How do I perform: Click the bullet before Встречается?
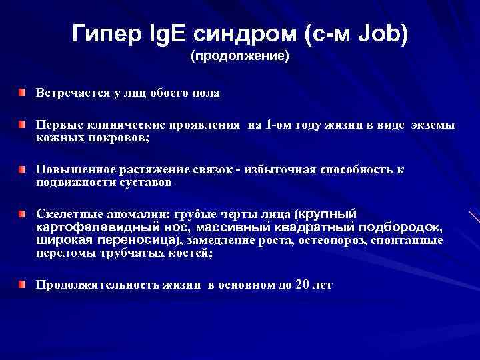(x=23, y=91)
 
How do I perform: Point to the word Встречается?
(x=73, y=93)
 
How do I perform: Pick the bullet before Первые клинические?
(x=23, y=124)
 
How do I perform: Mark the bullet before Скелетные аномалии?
(x=23, y=213)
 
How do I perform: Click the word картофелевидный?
(x=89, y=227)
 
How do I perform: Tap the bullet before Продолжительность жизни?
(x=23, y=283)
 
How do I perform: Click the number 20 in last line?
(x=302, y=285)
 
